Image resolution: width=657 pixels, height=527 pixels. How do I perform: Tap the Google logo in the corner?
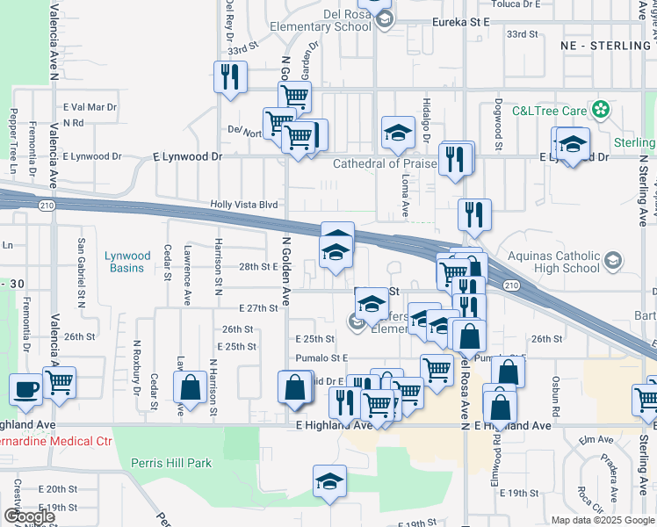click(x=29, y=516)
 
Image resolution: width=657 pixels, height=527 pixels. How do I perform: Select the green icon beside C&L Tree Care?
click(x=600, y=110)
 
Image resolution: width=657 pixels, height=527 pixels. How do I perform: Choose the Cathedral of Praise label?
click(x=385, y=163)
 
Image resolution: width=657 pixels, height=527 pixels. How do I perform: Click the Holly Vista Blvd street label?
click(x=243, y=205)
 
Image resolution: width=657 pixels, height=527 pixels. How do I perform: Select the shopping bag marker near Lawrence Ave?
click(x=190, y=388)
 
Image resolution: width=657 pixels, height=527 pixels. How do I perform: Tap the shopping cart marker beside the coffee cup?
click(x=60, y=382)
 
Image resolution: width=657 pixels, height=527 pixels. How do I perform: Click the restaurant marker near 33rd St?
click(x=230, y=76)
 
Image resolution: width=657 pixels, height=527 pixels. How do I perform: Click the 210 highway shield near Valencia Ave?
click(x=45, y=205)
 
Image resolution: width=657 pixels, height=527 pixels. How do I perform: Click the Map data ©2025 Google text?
click(x=602, y=520)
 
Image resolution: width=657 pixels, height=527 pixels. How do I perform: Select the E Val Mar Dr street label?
click(x=90, y=107)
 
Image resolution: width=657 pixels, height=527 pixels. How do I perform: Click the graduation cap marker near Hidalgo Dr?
click(x=398, y=133)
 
